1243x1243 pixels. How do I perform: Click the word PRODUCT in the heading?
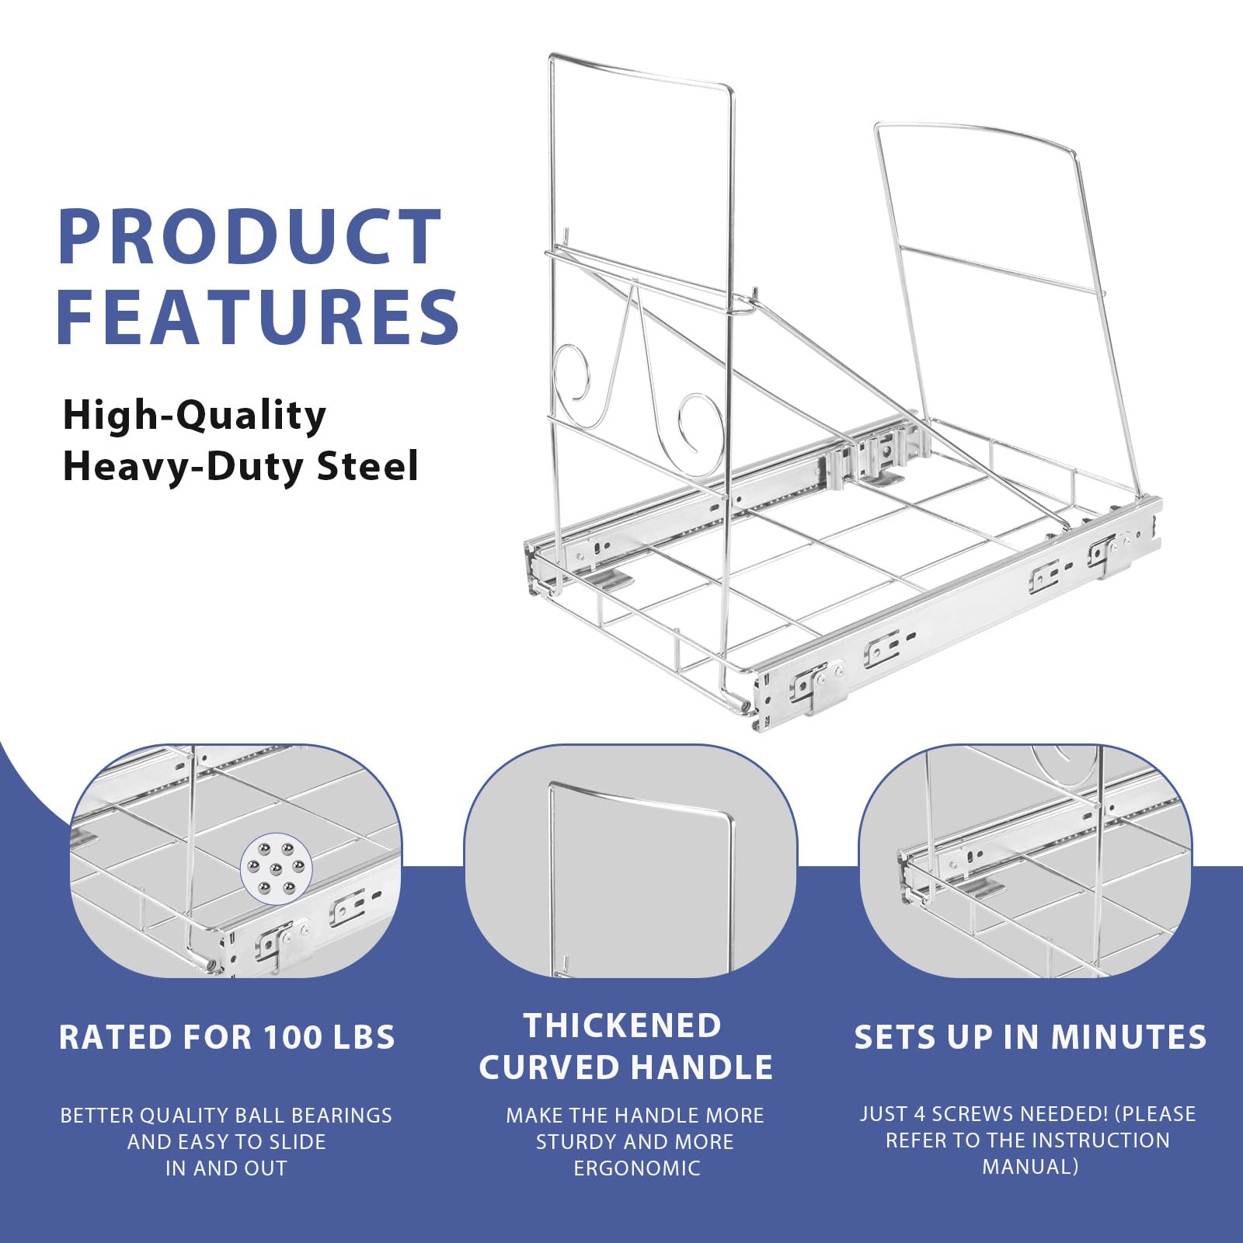[x=250, y=237]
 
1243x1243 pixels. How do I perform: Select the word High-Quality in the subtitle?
[x=194, y=416]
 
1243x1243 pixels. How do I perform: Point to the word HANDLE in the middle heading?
[x=705, y=1067]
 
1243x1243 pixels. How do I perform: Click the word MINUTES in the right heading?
[x=1129, y=1038]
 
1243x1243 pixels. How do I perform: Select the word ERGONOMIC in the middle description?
[x=637, y=1168]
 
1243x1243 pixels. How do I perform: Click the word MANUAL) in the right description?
[x=1030, y=1167]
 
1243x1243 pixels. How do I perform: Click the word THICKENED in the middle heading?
[x=623, y=1025]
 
